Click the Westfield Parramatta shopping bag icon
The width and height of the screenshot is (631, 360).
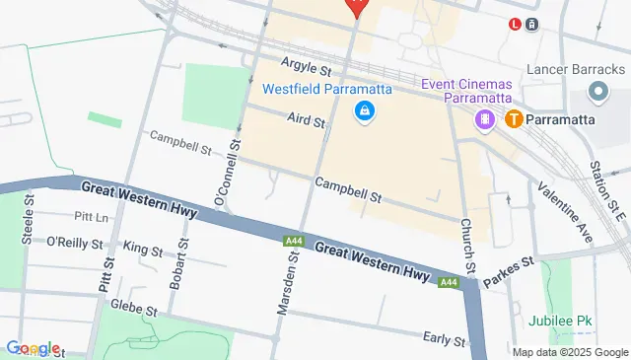(365, 110)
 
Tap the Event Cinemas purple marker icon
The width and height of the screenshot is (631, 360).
(485, 119)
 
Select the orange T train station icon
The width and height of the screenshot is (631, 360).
(513, 119)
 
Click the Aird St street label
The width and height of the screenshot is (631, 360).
(306, 120)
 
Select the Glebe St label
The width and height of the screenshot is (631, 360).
(134, 308)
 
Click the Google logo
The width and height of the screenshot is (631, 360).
(33, 348)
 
